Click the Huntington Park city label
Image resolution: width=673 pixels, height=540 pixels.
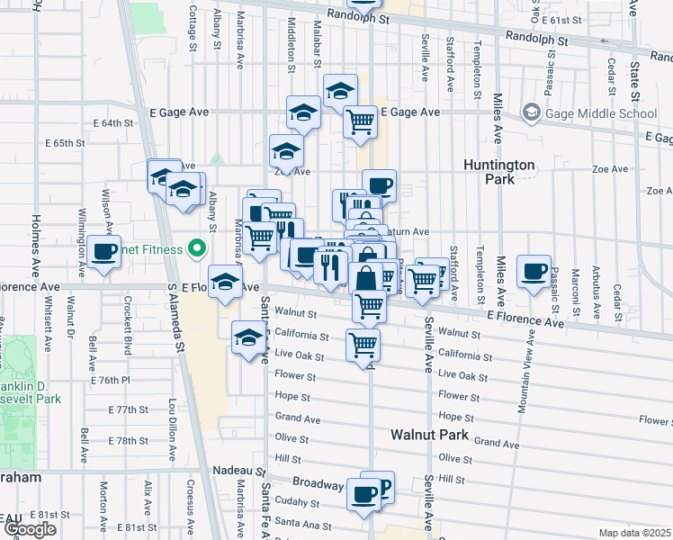pyautogui.click(x=499, y=172)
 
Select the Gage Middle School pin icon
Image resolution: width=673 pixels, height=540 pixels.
pyautogui.click(x=531, y=113)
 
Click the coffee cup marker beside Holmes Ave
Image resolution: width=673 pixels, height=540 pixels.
pyautogui.click(x=104, y=251)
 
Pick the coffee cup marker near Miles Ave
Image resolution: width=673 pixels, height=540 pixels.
pyautogui.click(x=534, y=271)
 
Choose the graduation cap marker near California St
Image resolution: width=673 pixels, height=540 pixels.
pyautogui.click(x=248, y=337)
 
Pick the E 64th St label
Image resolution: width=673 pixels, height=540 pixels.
pyautogui.click(x=112, y=123)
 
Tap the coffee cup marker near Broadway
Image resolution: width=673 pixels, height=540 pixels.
pyautogui.click(x=364, y=493)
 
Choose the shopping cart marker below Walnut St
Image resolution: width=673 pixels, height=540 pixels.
pyautogui.click(x=363, y=344)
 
